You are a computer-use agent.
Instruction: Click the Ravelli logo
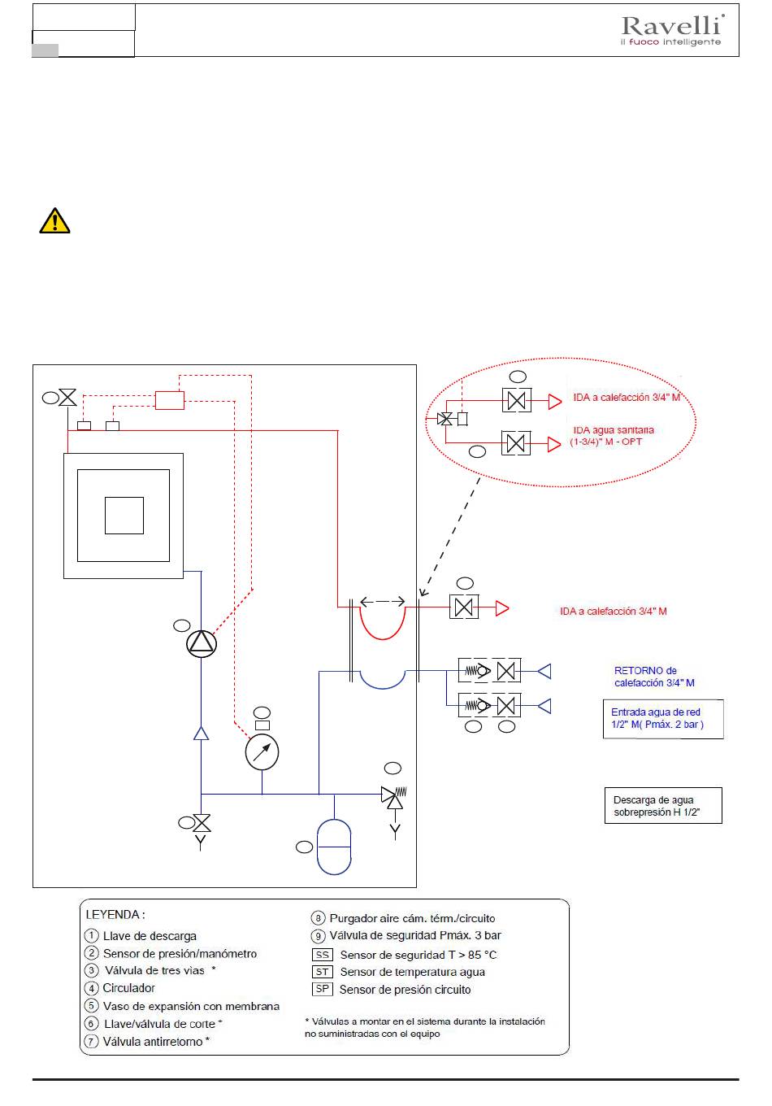click(672, 29)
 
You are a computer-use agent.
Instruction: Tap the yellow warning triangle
click(54, 220)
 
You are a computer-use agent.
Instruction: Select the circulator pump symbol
click(202, 643)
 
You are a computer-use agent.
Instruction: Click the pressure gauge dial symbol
click(262, 752)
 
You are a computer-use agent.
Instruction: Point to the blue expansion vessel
click(334, 847)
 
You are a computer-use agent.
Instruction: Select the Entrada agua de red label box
click(663, 718)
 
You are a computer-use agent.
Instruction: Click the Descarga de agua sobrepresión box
click(663, 805)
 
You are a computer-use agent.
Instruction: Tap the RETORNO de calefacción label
click(654, 677)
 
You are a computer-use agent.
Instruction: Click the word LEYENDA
click(112, 914)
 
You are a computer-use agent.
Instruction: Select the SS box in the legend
click(322, 955)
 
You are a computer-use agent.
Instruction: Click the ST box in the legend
click(322, 972)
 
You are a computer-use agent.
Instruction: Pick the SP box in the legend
click(322, 989)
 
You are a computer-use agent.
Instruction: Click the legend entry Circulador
click(128, 988)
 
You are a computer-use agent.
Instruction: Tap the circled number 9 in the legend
click(319, 936)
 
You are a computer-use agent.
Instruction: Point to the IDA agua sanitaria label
click(612, 436)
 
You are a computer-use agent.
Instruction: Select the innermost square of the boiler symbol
click(124, 516)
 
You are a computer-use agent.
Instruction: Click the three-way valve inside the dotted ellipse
click(445, 419)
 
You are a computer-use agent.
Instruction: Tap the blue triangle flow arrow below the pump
click(201, 734)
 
